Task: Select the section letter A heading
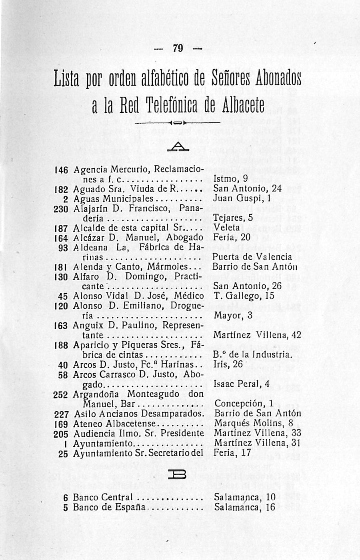pos(178,148)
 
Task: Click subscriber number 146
pos(62,169)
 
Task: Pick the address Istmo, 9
pos(231,178)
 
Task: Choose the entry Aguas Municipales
pos(114,198)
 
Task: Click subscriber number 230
pos(61,208)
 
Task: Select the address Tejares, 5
pos(234,218)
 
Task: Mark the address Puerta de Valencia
pos(252,257)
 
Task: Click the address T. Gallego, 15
pos(244,296)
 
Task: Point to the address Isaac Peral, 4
pos(242,384)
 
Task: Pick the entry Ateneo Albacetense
pos(114,424)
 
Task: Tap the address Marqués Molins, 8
pos(254,423)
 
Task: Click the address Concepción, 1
pos(244,404)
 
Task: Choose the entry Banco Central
pos(103,497)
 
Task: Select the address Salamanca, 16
pos(245,507)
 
